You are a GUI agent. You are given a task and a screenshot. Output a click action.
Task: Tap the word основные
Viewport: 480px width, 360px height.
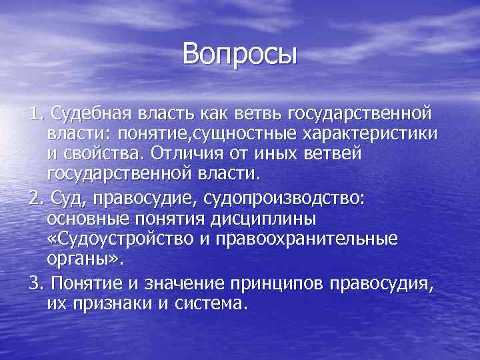click(87, 218)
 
